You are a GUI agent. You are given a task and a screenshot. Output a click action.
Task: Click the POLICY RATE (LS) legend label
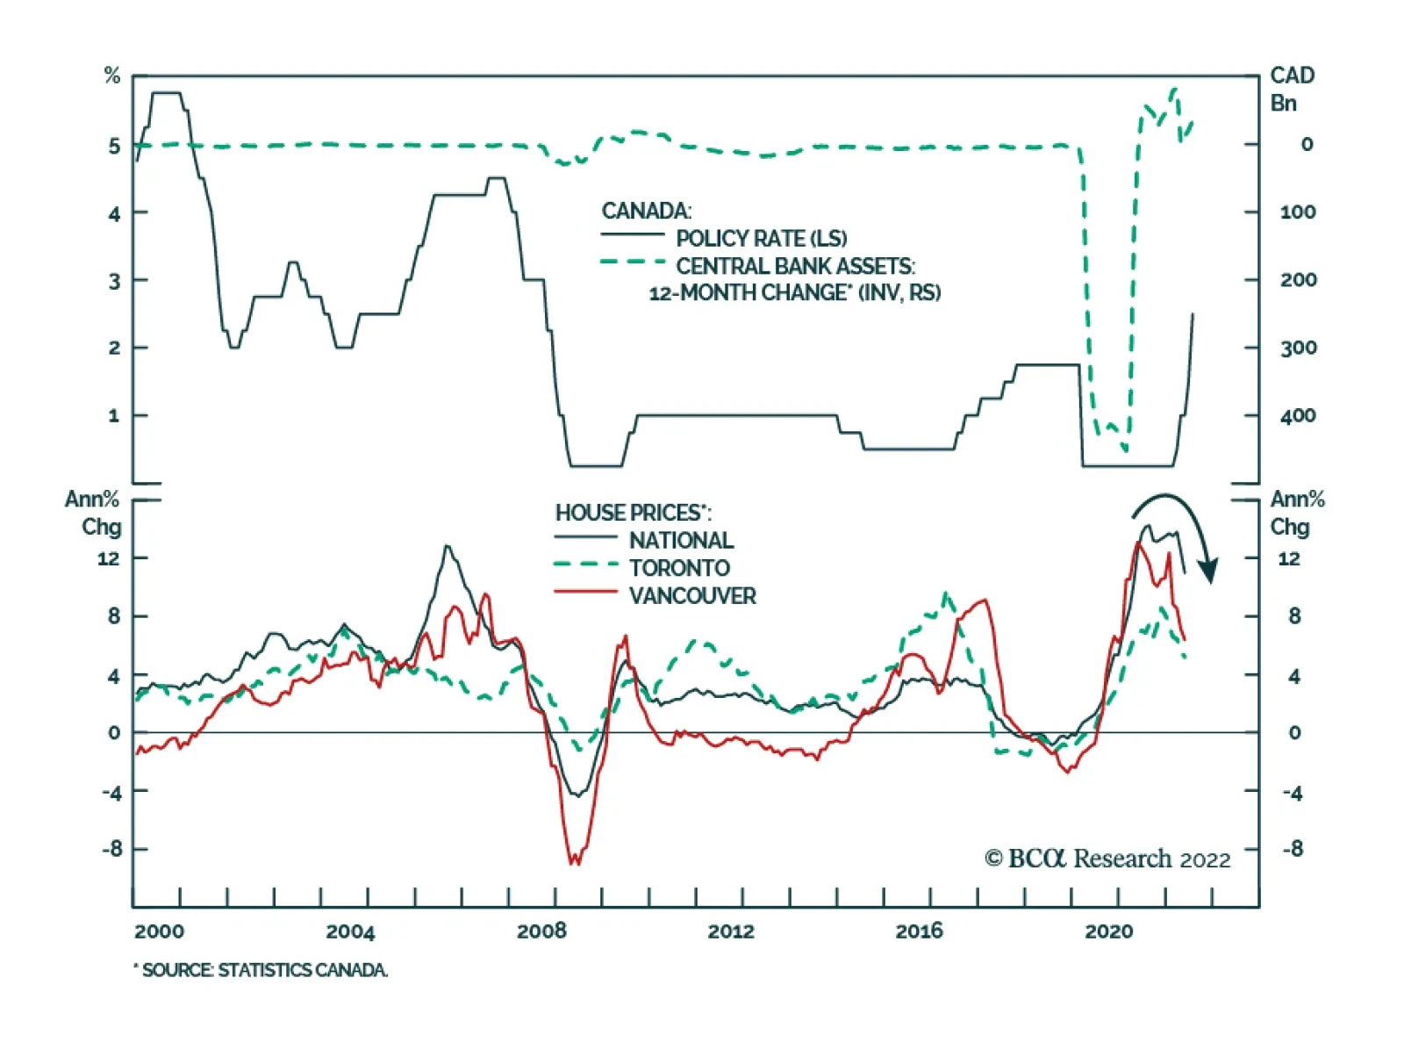761,238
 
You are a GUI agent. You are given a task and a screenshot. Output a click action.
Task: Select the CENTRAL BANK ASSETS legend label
795,266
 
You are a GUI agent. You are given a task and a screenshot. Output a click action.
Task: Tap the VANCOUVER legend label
692,596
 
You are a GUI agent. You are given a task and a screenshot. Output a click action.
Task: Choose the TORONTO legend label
679,568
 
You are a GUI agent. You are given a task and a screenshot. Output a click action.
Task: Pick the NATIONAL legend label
681,540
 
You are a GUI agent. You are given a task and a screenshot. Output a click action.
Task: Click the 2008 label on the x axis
541,932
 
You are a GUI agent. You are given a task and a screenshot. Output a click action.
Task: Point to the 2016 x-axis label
919,932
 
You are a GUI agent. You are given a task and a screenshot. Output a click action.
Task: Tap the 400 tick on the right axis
1298,415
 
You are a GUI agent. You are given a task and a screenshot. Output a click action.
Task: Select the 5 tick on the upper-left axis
114,146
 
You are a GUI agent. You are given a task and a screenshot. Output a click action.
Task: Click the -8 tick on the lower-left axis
112,849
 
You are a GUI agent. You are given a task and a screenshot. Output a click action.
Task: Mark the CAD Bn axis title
1292,89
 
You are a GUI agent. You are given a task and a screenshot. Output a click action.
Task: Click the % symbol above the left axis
111,76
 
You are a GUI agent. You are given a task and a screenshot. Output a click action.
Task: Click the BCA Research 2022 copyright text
1107,859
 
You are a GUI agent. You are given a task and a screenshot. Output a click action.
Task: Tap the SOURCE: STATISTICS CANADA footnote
261,970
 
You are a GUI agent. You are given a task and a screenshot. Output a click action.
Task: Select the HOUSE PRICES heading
633,513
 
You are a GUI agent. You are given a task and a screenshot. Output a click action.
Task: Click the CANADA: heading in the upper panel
646,211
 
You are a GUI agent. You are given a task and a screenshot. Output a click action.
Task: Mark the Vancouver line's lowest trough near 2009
574,863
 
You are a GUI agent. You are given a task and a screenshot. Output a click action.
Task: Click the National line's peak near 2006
448,546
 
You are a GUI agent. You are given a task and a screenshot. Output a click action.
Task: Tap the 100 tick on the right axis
1298,212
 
